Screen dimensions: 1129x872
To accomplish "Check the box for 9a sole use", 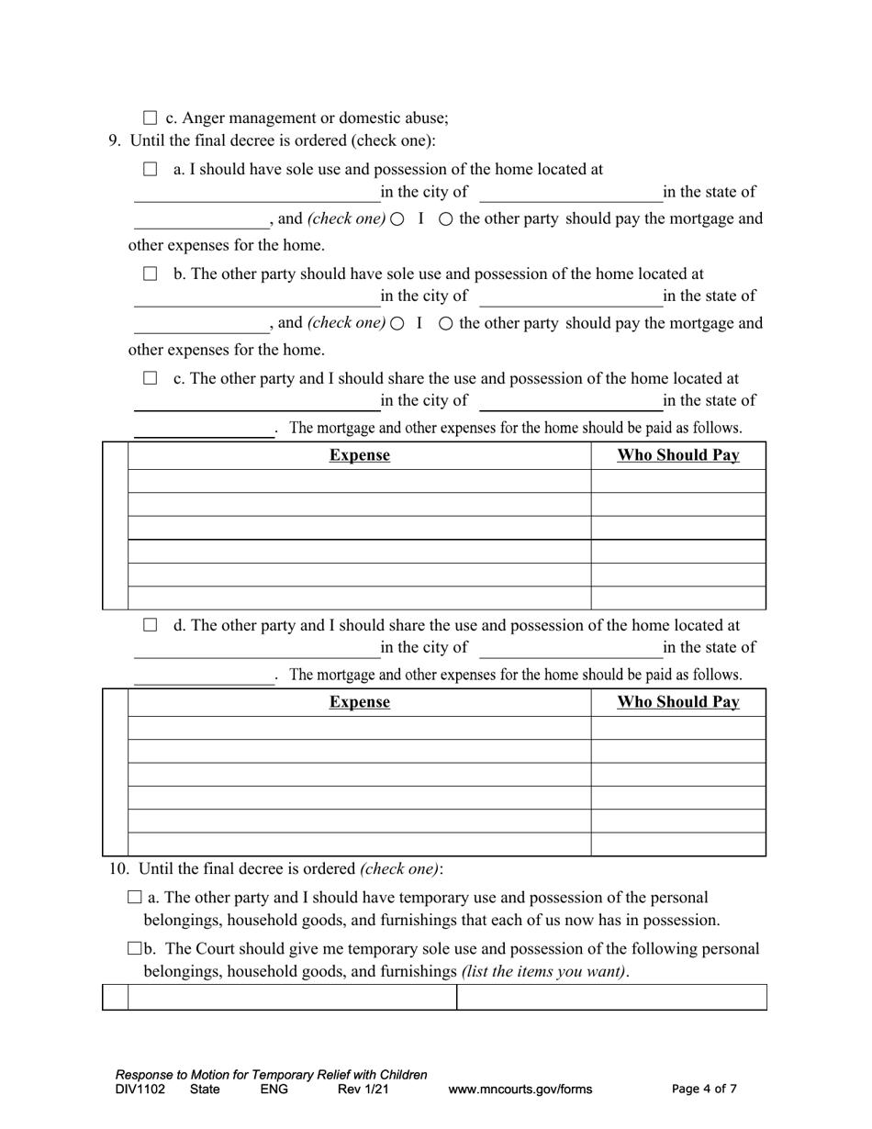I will pos(151,170).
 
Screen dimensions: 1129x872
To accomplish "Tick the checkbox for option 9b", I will pos(151,274).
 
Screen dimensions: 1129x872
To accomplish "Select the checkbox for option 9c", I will pos(151,378).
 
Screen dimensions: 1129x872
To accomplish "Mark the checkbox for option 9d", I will pos(151,625).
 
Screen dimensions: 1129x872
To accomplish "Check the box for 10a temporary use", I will pos(135,898).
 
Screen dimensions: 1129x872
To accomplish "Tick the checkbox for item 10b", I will pos(135,949).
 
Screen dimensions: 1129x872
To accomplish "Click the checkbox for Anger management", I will pos(151,118).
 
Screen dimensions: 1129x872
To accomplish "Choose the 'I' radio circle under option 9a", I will pos(397,219).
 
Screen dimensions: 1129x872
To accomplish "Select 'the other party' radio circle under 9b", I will pos(446,324).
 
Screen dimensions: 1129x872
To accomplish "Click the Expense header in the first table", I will pos(359,455).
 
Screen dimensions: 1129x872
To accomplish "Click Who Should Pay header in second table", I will pos(677,702).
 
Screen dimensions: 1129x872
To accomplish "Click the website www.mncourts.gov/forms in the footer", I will pos(520,1090).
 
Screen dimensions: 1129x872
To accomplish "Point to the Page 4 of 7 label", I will pos(704,1090).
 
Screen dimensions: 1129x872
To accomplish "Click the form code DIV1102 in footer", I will pos(140,1090).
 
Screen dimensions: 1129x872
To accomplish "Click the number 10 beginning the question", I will pos(118,868).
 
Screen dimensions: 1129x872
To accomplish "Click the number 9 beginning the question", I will pos(114,140).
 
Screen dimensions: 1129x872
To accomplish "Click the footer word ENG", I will pos(274,1090).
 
